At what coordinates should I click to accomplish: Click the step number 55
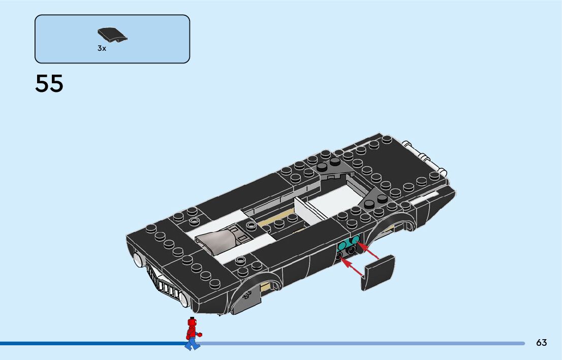click(x=49, y=84)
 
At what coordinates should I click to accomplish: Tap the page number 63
click(x=541, y=343)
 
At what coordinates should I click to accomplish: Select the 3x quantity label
click(x=102, y=49)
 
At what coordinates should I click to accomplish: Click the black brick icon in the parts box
click(x=112, y=35)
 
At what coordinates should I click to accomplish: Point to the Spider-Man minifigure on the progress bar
click(x=192, y=334)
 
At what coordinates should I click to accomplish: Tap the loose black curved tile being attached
click(x=378, y=273)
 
